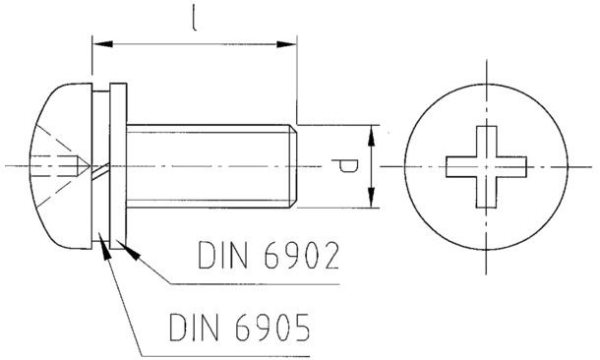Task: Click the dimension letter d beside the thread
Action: click(345, 166)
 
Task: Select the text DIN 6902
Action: click(269, 255)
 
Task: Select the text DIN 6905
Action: click(240, 328)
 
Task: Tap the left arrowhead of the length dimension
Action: click(102, 44)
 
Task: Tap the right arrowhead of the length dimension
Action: click(286, 44)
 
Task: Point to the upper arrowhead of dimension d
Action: click(371, 136)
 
